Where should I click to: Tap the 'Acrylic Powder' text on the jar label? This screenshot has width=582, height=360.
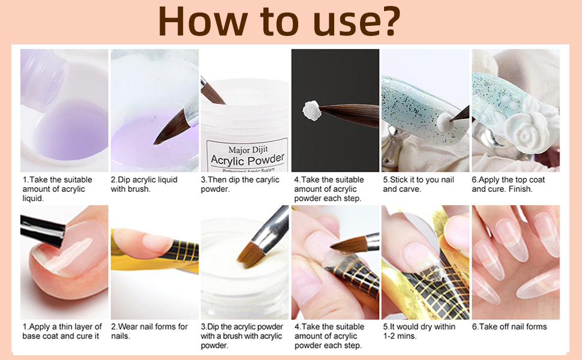(247, 160)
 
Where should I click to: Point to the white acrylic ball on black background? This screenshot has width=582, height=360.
(311, 110)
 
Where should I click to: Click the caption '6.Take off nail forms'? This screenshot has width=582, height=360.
(509, 326)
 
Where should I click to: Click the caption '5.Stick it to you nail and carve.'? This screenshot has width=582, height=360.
(419, 184)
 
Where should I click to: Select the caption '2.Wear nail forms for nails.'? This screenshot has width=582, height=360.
(149, 331)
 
